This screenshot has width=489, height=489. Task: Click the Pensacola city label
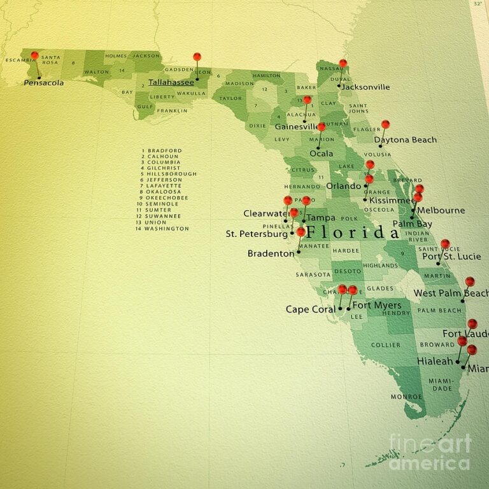(43, 83)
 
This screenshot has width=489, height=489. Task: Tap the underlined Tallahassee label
(171, 82)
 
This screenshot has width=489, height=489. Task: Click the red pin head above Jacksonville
(343, 63)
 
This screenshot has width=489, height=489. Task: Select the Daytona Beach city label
(405, 139)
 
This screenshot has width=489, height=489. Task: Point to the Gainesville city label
(296, 127)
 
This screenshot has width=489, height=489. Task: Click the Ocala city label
(321, 153)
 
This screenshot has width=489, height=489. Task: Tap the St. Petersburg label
(257, 234)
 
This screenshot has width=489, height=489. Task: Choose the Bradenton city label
(271, 253)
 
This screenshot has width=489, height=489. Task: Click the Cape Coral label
(310, 309)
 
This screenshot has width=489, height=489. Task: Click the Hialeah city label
(435, 361)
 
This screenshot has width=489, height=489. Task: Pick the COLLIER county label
(386, 344)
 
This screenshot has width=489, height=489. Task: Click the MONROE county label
(406, 397)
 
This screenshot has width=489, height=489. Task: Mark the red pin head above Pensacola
(34, 55)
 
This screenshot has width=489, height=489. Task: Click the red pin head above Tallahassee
(197, 57)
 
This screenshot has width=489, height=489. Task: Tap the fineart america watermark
(430, 452)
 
